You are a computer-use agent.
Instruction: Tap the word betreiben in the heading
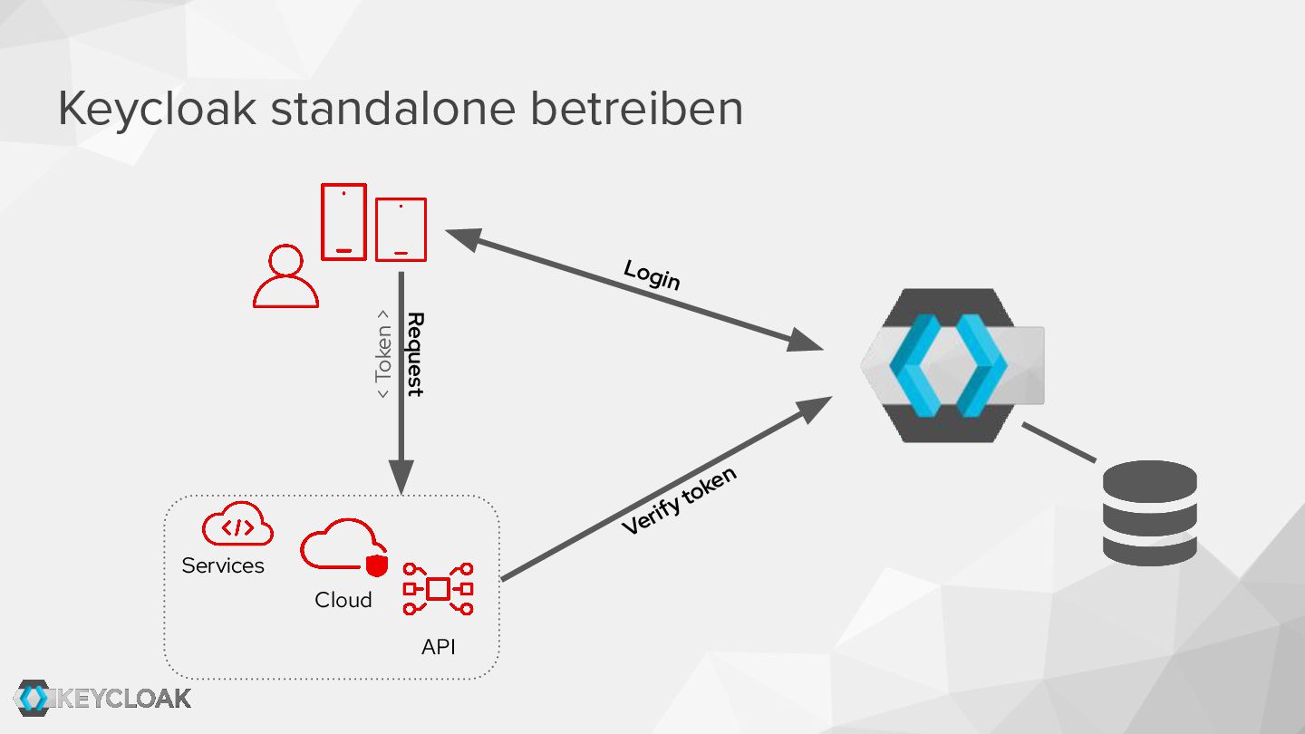636,109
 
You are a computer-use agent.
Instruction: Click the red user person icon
285,276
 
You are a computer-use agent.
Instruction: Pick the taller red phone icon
343,222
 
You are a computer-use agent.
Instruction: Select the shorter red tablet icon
401,229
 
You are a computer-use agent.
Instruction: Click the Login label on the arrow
652,274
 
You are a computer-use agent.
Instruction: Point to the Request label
415,354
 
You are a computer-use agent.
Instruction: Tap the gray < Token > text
384,354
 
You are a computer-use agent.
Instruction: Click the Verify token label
679,500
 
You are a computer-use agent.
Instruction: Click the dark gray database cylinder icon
1149,513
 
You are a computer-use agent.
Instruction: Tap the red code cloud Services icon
237,525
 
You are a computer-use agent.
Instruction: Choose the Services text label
223,565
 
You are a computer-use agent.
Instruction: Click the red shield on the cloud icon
376,565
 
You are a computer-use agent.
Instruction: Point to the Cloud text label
343,600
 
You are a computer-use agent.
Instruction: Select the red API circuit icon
439,589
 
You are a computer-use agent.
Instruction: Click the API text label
439,647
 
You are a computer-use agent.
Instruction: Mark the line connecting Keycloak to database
1059,443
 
